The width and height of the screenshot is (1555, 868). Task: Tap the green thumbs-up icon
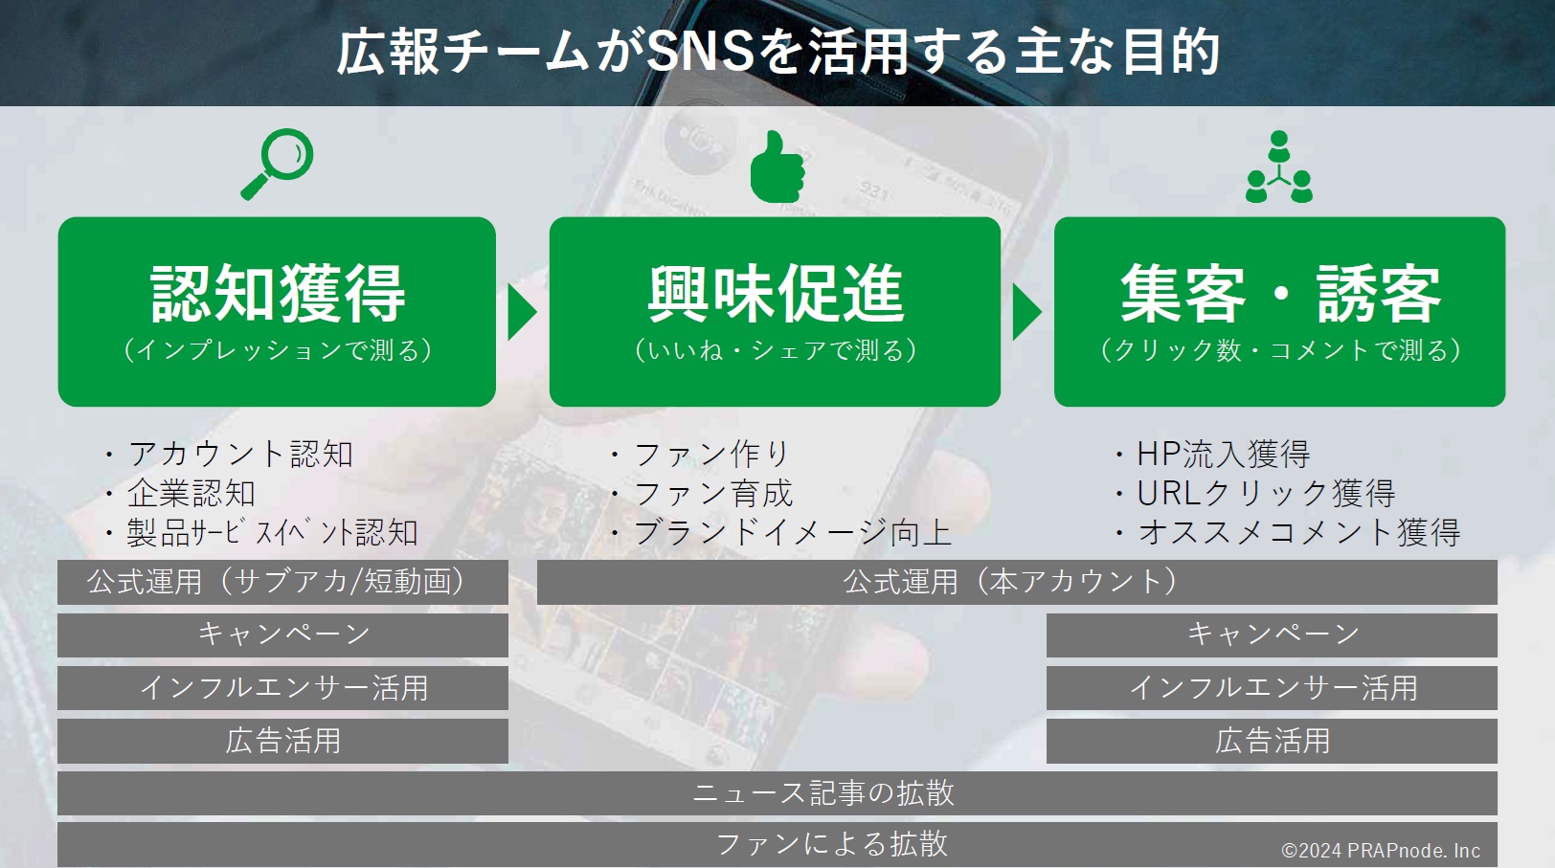(x=777, y=167)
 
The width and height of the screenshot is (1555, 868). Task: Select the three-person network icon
(x=1278, y=167)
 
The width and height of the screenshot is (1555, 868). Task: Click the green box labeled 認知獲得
(x=277, y=312)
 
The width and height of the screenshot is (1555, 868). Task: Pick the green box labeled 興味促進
(x=775, y=312)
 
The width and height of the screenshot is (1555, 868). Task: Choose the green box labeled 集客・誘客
(x=1279, y=312)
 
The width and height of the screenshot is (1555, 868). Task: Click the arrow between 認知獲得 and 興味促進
(x=522, y=312)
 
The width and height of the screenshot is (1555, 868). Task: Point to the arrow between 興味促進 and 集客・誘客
(x=1026, y=312)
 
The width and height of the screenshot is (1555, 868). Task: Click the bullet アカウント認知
(x=229, y=455)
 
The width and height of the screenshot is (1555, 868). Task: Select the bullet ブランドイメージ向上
(x=781, y=533)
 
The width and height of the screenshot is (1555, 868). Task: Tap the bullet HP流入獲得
(x=1213, y=455)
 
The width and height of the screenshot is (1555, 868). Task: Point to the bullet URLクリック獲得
(x=1255, y=493)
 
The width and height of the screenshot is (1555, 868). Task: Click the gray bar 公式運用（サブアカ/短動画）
(x=282, y=582)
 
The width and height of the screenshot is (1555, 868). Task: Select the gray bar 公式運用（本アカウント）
(x=1017, y=582)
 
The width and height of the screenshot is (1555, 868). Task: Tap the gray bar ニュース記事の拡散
(x=777, y=793)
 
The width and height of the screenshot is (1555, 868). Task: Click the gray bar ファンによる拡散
(x=777, y=845)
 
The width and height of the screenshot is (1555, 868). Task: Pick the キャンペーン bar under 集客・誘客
(x=1272, y=634)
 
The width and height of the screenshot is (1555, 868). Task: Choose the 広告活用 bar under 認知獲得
(x=282, y=741)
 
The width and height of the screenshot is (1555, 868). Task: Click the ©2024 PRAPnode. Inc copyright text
(x=1381, y=850)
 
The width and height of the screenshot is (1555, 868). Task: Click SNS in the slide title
(x=701, y=52)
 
